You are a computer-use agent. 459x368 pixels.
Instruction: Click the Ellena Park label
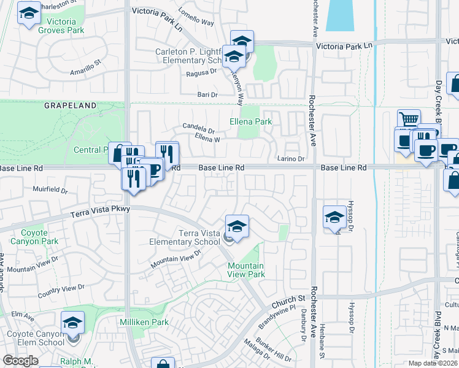(251, 122)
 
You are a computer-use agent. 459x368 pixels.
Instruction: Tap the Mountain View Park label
(246, 270)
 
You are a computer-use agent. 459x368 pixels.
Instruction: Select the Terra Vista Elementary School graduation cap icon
(237, 226)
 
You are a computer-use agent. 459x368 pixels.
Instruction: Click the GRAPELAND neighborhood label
(71, 105)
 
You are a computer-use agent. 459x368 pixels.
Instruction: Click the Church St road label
(288, 299)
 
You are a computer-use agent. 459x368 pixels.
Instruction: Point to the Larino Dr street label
(291, 159)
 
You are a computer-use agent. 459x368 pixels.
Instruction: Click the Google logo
(20, 361)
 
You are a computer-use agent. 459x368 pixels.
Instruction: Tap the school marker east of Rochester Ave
(334, 217)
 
